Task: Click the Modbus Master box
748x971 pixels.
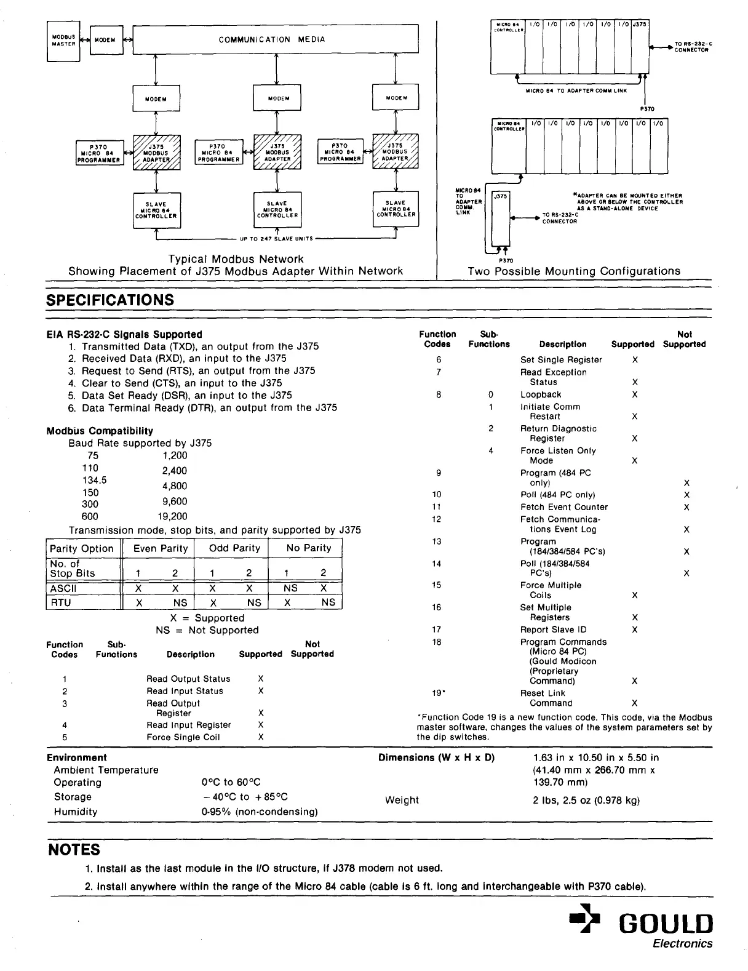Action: (63, 41)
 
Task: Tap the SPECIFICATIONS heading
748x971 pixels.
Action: (111, 300)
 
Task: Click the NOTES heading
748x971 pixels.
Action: (74, 850)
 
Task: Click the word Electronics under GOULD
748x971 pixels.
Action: (683, 944)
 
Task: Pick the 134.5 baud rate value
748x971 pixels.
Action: (94, 480)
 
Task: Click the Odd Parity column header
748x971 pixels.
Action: (234, 548)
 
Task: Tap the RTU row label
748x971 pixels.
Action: (61, 602)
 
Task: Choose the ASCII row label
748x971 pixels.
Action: (63, 588)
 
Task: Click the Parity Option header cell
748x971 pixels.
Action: (82, 549)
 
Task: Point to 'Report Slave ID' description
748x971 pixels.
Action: (554, 629)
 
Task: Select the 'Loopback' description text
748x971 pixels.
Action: (541, 394)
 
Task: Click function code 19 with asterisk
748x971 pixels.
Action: (438, 693)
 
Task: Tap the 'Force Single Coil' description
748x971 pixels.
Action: (183, 737)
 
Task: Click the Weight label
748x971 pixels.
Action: (402, 800)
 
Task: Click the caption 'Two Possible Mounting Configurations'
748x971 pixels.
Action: (574, 271)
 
